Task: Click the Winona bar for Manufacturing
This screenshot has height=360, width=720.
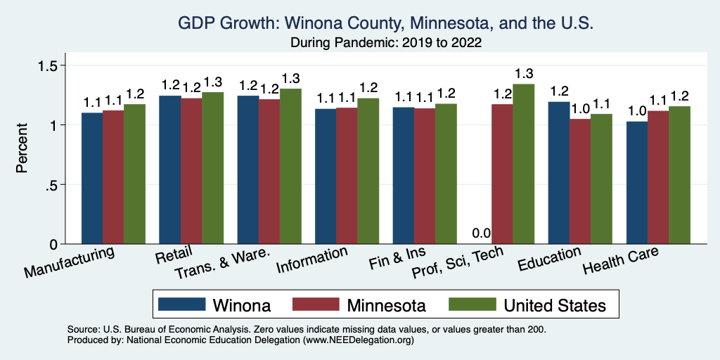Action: click(x=92, y=179)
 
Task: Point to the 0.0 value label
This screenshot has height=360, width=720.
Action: click(x=481, y=233)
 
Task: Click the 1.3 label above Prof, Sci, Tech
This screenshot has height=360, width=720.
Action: click(x=524, y=73)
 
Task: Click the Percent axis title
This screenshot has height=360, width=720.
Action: click(x=22, y=149)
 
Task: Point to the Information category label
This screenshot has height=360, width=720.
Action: click(x=311, y=261)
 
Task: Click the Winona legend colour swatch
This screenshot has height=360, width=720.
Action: click(x=182, y=304)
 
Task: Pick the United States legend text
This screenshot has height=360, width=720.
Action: click(x=553, y=305)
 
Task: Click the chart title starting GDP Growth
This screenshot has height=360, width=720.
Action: click(x=386, y=24)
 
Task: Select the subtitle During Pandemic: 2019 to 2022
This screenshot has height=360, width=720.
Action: click(x=386, y=42)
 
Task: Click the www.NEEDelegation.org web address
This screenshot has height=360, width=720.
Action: click(x=358, y=340)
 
